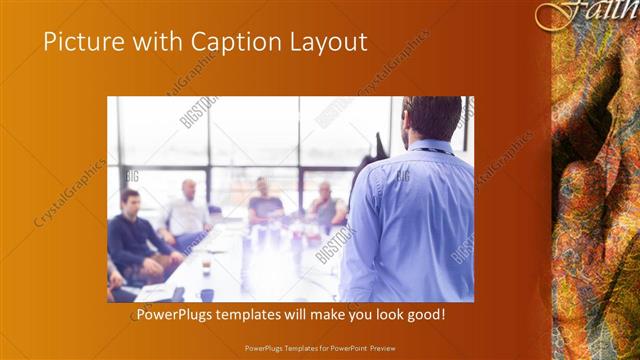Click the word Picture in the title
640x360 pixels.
tap(81, 42)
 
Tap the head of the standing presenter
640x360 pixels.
tap(432, 119)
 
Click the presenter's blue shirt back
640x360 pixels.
tap(410, 220)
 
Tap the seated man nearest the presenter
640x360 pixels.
tap(325, 205)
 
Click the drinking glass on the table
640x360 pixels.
tap(206, 265)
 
